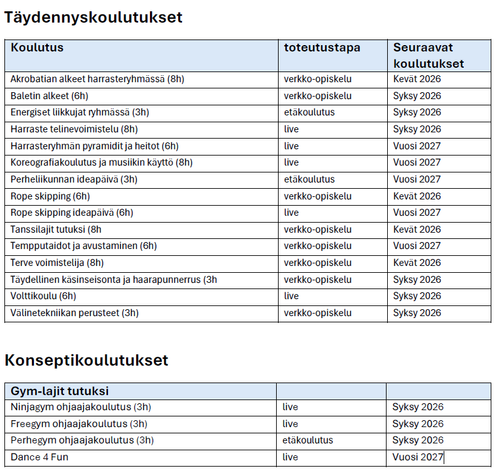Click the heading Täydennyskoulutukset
click(x=94, y=18)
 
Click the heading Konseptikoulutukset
click(x=87, y=361)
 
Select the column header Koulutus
click(x=37, y=48)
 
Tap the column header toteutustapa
click(x=322, y=48)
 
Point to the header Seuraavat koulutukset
click(x=429, y=55)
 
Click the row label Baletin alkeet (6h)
click(x=49, y=96)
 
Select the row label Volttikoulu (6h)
click(x=43, y=296)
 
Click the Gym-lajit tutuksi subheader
click(x=60, y=391)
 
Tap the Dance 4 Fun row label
click(x=40, y=457)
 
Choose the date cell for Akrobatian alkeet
click(x=417, y=79)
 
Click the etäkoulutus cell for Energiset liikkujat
click(x=309, y=112)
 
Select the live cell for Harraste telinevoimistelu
click(x=291, y=129)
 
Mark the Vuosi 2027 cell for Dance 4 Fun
click(x=418, y=457)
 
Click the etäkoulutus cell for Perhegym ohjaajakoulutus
click(x=308, y=440)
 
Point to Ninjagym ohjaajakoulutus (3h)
click(x=81, y=407)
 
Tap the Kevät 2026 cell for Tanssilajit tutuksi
click(x=417, y=230)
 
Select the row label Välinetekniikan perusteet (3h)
click(x=75, y=313)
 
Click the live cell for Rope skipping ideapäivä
click(x=291, y=213)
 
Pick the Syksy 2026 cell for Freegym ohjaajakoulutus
click(x=418, y=424)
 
